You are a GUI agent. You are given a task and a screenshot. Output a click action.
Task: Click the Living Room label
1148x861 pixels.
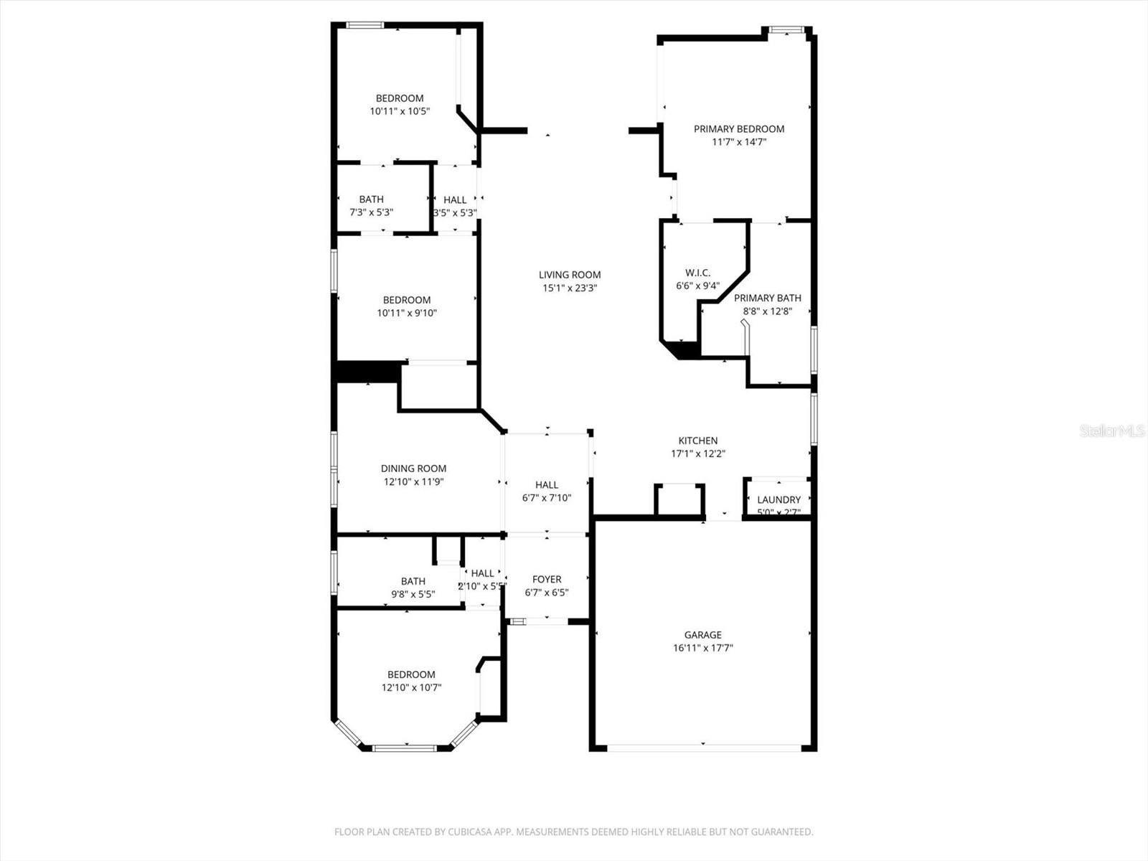tap(570, 275)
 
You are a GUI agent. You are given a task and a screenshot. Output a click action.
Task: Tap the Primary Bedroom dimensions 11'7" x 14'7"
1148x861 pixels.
tap(739, 142)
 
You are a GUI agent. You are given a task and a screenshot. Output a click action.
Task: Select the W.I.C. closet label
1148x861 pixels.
tap(697, 273)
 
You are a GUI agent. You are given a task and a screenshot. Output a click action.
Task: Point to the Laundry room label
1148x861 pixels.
tap(778, 500)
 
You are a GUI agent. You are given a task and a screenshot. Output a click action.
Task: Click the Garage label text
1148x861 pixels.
tap(702, 635)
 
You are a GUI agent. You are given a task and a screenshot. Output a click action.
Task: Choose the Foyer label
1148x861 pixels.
tap(547, 579)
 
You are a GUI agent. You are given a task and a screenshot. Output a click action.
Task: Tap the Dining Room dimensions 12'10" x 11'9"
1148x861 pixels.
tap(413, 481)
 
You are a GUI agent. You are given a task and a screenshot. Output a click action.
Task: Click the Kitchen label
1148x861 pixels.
tap(698, 441)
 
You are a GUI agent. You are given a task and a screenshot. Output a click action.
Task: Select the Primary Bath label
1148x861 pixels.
tap(767, 298)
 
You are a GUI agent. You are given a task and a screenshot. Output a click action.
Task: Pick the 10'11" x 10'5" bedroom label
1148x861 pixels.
tap(400, 98)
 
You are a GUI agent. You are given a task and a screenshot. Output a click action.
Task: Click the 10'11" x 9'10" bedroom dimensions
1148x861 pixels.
tap(407, 313)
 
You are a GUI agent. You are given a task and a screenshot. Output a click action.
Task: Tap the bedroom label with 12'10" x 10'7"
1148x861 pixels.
tap(411, 674)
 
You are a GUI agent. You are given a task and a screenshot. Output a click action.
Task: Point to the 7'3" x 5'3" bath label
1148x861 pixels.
tap(371, 199)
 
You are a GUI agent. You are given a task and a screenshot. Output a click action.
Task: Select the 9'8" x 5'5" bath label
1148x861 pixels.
tap(413, 581)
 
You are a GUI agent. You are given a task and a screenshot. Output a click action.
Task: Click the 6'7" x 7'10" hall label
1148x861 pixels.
tap(546, 485)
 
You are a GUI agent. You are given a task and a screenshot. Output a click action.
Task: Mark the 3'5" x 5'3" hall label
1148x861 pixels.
tap(455, 200)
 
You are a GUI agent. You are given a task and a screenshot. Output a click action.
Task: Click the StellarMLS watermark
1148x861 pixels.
tap(1112, 430)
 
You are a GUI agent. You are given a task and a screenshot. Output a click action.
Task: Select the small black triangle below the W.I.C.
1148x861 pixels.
tap(684, 351)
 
